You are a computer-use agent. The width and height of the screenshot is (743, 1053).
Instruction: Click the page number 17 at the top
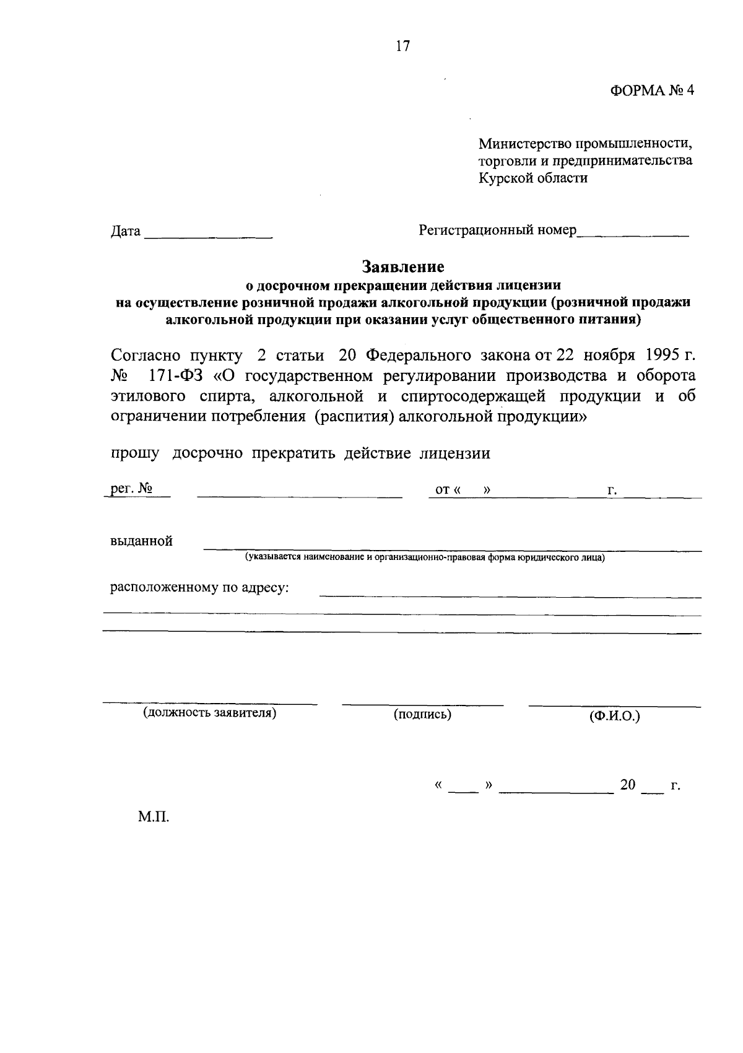402,46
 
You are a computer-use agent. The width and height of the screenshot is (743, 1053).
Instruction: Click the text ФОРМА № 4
652,90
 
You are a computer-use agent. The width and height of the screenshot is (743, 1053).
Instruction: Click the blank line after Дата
209,236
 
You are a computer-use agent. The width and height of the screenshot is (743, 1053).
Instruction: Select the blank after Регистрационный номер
633,234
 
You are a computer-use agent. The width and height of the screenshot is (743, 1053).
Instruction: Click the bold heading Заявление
404,267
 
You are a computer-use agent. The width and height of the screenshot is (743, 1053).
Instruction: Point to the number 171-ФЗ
176,376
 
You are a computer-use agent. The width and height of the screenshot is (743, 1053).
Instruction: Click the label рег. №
131,489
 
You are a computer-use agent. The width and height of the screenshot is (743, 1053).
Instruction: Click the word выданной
141,541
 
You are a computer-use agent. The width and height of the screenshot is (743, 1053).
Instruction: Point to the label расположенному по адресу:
199,587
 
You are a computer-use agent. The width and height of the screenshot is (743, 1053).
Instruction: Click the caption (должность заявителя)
209,713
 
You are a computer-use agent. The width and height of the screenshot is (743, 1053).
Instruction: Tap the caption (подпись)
422,714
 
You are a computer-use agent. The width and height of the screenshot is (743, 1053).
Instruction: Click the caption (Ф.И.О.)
614,716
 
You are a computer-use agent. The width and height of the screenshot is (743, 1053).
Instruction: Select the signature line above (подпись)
422,704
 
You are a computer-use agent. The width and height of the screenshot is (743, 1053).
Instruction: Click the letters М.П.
154,817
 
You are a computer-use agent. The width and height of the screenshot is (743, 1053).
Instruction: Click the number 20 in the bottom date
628,785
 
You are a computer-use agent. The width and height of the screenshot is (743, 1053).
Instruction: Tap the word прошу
134,453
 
